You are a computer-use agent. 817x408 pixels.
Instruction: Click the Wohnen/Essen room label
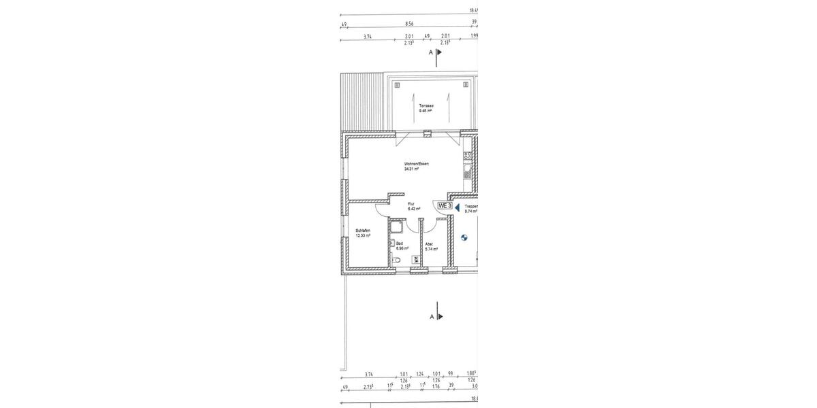click(416, 164)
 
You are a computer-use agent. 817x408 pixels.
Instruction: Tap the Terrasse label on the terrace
click(426, 105)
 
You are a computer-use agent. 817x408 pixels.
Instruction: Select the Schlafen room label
click(363, 231)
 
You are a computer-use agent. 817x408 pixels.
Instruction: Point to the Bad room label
click(400, 243)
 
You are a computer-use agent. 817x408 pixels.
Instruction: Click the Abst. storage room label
click(430, 243)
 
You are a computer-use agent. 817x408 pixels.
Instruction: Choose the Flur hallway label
click(411, 203)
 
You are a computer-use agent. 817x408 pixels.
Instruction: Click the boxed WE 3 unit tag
click(445, 205)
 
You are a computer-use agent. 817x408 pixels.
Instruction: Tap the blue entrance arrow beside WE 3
click(458, 207)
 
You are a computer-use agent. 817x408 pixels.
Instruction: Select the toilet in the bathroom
click(397, 260)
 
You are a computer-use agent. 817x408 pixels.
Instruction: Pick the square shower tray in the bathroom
click(396, 226)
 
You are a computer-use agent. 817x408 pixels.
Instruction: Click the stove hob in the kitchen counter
click(468, 156)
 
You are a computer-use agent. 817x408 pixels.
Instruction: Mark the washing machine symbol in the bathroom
click(415, 259)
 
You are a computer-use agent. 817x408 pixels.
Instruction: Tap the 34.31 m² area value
click(411, 169)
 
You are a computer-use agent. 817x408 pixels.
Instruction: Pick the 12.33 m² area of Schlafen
click(363, 236)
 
